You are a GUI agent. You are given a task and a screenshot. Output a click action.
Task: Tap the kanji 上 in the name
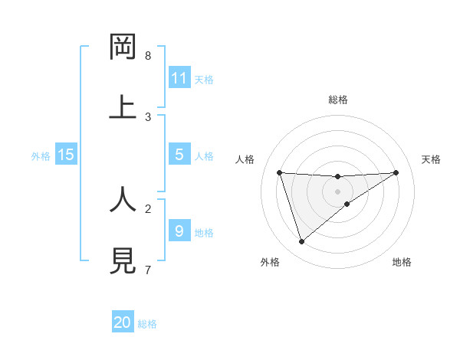[123, 107]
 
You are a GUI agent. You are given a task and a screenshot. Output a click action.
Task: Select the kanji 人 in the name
[123, 200]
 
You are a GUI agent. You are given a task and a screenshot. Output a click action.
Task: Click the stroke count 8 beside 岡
[148, 56]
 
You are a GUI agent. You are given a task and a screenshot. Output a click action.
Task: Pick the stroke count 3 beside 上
[148, 116]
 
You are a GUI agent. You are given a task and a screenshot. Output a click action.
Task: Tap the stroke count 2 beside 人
[148, 208]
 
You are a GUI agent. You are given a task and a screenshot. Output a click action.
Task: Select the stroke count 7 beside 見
[148, 270]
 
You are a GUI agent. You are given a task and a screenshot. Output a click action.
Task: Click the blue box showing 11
[179, 78]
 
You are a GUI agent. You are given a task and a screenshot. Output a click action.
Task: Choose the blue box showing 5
[179, 155]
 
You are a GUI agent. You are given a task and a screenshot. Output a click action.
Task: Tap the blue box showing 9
[179, 231]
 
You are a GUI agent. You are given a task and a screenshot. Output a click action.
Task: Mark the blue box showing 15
[66, 155]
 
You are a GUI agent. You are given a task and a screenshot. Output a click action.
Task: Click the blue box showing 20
[123, 322]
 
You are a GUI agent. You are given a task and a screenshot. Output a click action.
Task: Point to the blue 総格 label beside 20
[147, 324]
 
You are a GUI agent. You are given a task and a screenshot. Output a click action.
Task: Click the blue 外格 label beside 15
[41, 156]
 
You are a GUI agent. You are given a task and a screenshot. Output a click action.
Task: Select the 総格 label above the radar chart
[337, 100]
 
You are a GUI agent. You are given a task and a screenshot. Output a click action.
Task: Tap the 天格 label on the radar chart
[431, 159]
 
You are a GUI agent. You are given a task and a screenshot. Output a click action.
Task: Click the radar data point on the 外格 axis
[301, 242]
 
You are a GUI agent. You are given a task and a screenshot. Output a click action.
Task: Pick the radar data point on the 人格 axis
[279, 172]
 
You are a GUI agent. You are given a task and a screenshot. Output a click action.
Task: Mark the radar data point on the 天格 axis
[396, 172]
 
